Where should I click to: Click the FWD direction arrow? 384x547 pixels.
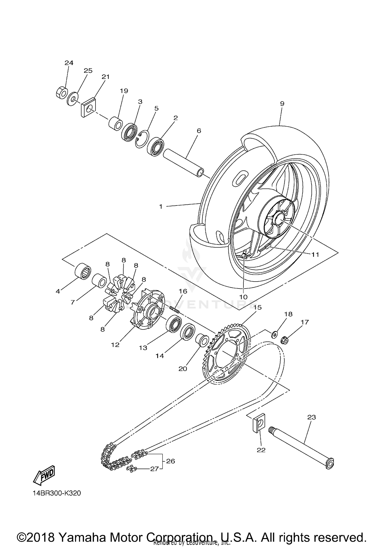pyautogui.click(x=44, y=476)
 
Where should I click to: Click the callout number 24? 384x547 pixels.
pyautogui.click(x=69, y=63)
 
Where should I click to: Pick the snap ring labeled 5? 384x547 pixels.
pyautogui.click(x=142, y=139)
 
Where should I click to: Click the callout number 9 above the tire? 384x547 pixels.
pyautogui.click(x=282, y=104)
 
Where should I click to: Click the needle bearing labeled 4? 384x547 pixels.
pyautogui.click(x=83, y=271)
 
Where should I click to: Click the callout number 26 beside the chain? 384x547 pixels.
pyautogui.click(x=170, y=461)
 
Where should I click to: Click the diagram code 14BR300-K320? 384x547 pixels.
pyautogui.click(x=57, y=493)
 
